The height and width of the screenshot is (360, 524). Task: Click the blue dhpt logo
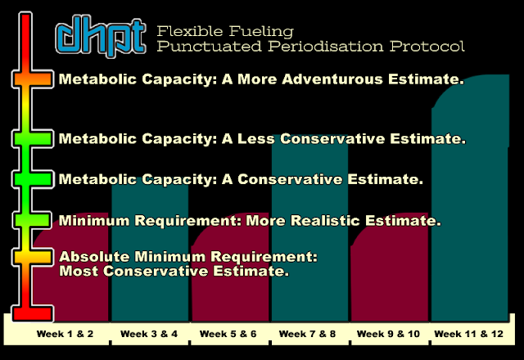tap(101, 36)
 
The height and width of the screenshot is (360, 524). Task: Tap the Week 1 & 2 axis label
tap(65, 334)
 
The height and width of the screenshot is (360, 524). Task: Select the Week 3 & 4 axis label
tap(149, 334)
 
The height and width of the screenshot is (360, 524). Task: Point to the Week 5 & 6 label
tap(228, 334)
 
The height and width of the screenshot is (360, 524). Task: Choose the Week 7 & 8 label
tap(307, 334)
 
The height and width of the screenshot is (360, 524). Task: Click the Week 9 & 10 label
tap(388, 334)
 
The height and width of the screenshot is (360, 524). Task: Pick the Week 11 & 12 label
tap(468, 334)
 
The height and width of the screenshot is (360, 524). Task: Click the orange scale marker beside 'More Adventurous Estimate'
tap(33, 79)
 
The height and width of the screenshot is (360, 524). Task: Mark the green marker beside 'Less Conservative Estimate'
tap(33, 138)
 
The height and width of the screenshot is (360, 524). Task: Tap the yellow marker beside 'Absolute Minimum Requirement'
tap(33, 257)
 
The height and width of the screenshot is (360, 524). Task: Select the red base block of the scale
tap(33, 313)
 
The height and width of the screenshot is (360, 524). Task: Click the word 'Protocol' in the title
tap(427, 46)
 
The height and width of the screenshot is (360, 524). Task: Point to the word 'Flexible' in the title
tap(190, 31)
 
